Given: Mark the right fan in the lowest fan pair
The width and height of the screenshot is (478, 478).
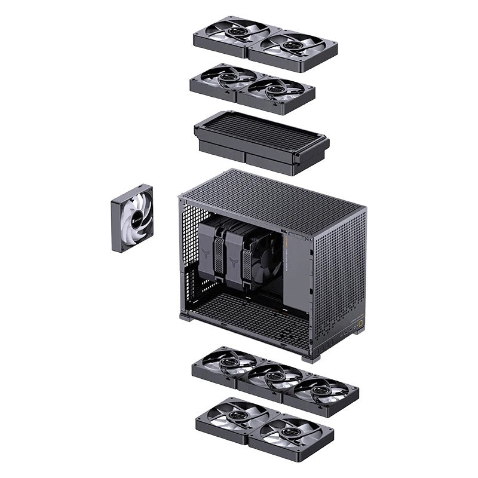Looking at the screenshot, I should click(290, 431).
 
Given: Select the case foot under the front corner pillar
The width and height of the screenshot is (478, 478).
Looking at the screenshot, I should click(311, 357).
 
